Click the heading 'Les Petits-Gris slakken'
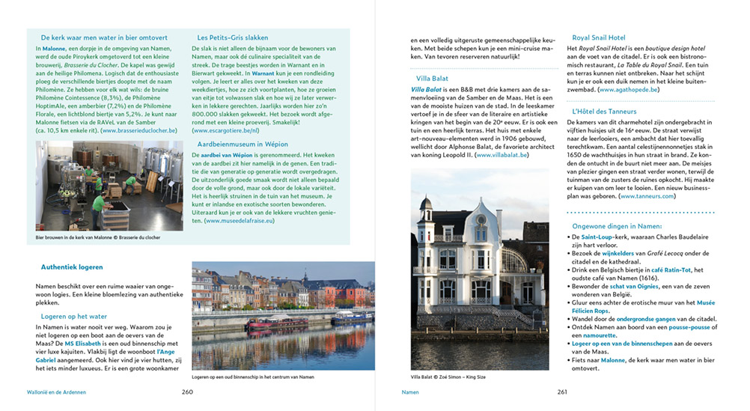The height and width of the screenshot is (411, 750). pos(233,37)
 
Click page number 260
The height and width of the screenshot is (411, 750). pos(187,392)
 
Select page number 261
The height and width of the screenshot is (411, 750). pos(561,392)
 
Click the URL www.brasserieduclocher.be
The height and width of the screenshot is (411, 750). pos(140,130)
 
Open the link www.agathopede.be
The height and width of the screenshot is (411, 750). pos(624,90)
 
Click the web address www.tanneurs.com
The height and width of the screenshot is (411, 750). pos(647,196)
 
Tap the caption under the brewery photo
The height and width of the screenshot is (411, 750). pos(97,237)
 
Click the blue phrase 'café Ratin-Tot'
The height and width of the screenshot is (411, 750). pos(669,270)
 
